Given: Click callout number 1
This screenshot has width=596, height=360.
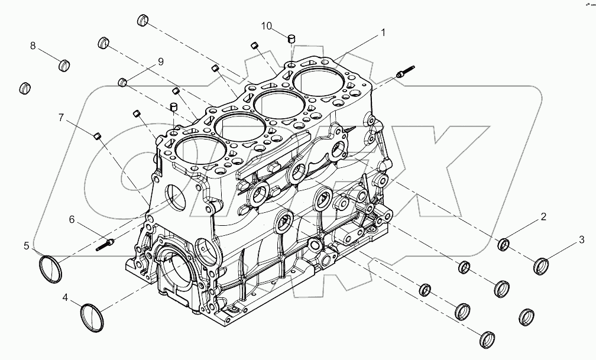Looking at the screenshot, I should coord(383,33).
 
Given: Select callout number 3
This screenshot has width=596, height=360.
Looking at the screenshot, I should coord(581,239).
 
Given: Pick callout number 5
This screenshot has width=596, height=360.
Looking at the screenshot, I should coord(27,245).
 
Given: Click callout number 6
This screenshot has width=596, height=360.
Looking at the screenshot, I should coord(72,219).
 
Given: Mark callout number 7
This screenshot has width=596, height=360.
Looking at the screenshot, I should coord(61,117).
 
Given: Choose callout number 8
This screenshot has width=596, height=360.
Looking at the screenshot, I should coord(33,46).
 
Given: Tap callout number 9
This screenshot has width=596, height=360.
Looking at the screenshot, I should coord(160,61).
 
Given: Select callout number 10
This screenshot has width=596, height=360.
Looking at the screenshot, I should coord(267,25).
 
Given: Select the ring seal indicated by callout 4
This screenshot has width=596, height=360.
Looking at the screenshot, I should coord(92,317).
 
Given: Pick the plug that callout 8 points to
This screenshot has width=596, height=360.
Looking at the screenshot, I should coord(65,64).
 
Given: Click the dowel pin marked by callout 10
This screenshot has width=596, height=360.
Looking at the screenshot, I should coord(291,39).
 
